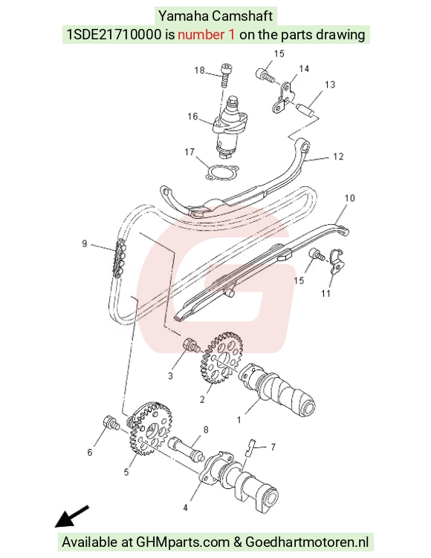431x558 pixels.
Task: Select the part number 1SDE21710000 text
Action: click(x=114, y=35)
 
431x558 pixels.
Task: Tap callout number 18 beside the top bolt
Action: click(x=199, y=70)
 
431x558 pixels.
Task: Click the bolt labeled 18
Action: click(x=225, y=75)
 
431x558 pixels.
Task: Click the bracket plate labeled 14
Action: click(x=284, y=98)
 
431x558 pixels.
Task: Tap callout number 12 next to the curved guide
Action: click(x=338, y=157)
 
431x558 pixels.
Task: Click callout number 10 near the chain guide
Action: click(x=350, y=198)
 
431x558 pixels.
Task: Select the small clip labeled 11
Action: click(x=337, y=261)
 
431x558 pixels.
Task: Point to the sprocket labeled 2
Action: click(x=221, y=358)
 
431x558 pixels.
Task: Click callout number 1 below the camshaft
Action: click(x=239, y=420)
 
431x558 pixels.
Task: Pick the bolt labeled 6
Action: click(x=111, y=422)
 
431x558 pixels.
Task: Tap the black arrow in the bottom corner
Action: click(x=71, y=516)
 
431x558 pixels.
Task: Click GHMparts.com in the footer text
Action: click(x=184, y=542)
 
